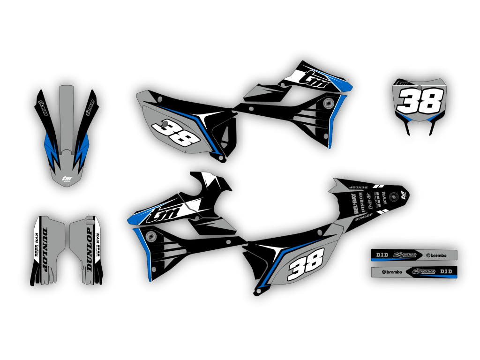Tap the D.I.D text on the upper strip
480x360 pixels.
(382, 255)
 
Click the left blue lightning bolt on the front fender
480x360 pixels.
(51, 148)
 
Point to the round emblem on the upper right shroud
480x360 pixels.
(329, 103)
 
